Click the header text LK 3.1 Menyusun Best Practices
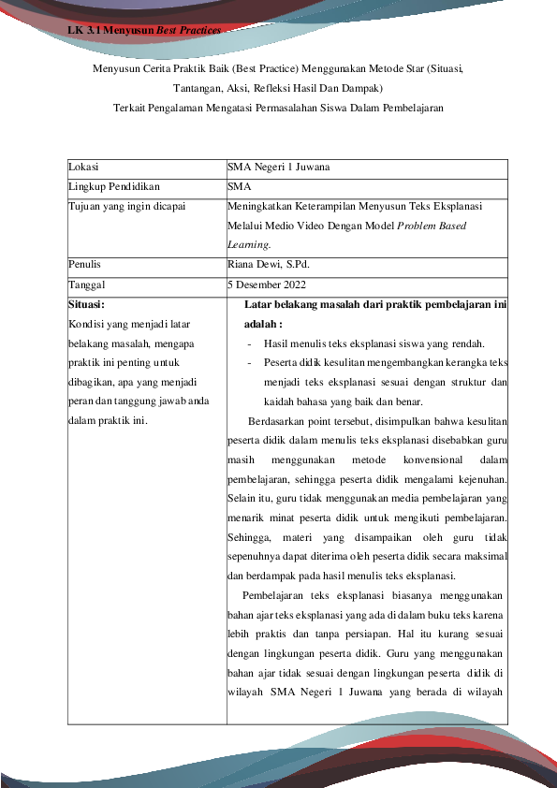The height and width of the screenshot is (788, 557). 144,31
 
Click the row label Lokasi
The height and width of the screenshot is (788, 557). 84,168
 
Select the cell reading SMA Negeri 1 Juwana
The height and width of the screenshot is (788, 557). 278,168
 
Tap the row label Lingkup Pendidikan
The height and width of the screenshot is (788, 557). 108,187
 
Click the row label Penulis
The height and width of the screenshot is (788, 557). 86,265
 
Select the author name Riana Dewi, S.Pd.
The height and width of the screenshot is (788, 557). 268,265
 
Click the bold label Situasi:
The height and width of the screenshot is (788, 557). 87,304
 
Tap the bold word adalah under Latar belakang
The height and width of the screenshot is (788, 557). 261,324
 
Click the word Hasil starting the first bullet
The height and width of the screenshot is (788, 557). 277,343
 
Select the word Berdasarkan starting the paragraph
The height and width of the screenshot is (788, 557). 279,421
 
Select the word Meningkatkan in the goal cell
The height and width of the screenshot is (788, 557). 261,207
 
